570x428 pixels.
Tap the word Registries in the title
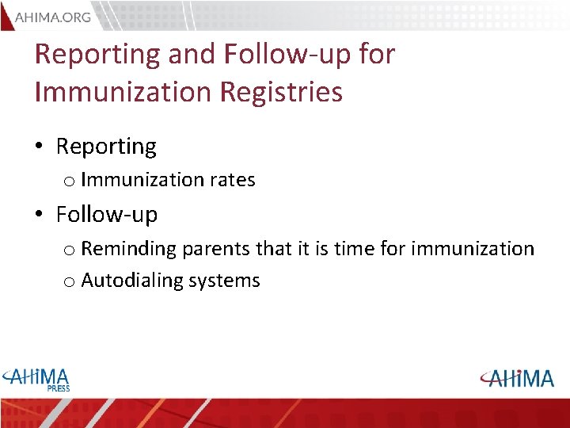click(x=280, y=91)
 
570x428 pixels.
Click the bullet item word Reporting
click(x=106, y=147)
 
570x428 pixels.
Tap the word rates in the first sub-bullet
click(x=232, y=180)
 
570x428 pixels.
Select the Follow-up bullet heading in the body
click(x=106, y=214)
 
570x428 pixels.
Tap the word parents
click(x=215, y=249)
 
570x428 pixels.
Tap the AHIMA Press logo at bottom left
click(x=36, y=378)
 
